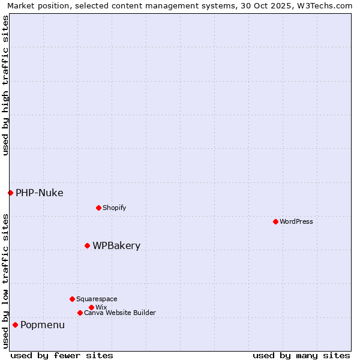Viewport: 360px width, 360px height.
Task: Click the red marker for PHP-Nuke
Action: (x=10, y=193)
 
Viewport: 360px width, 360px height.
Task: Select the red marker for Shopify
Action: (x=98, y=208)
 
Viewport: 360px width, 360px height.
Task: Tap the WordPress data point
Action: (x=275, y=221)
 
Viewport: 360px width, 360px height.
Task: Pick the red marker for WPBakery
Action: (x=87, y=245)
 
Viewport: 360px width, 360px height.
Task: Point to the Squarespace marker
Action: (x=72, y=299)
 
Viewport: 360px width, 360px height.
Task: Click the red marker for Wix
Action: (x=91, y=307)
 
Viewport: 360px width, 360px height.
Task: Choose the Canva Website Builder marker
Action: (x=80, y=313)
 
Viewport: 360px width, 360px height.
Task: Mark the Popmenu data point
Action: (x=15, y=325)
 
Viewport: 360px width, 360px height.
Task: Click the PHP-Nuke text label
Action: (x=39, y=193)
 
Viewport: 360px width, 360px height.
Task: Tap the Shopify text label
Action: (x=114, y=208)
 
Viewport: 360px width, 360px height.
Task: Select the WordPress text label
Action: (x=296, y=221)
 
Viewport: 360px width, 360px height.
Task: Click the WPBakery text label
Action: (x=116, y=245)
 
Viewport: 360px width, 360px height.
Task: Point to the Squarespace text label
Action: (x=97, y=299)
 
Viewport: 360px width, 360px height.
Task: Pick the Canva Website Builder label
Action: (x=120, y=313)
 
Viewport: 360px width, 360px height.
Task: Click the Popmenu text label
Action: (x=43, y=325)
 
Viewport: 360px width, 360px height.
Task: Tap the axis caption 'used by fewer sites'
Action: (x=62, y=355)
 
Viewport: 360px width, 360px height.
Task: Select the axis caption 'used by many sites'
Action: (x=301, y=355)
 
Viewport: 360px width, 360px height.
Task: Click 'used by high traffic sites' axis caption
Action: (x=5, y=85)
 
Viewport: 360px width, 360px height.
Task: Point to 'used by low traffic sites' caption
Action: (x=5, y=281)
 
